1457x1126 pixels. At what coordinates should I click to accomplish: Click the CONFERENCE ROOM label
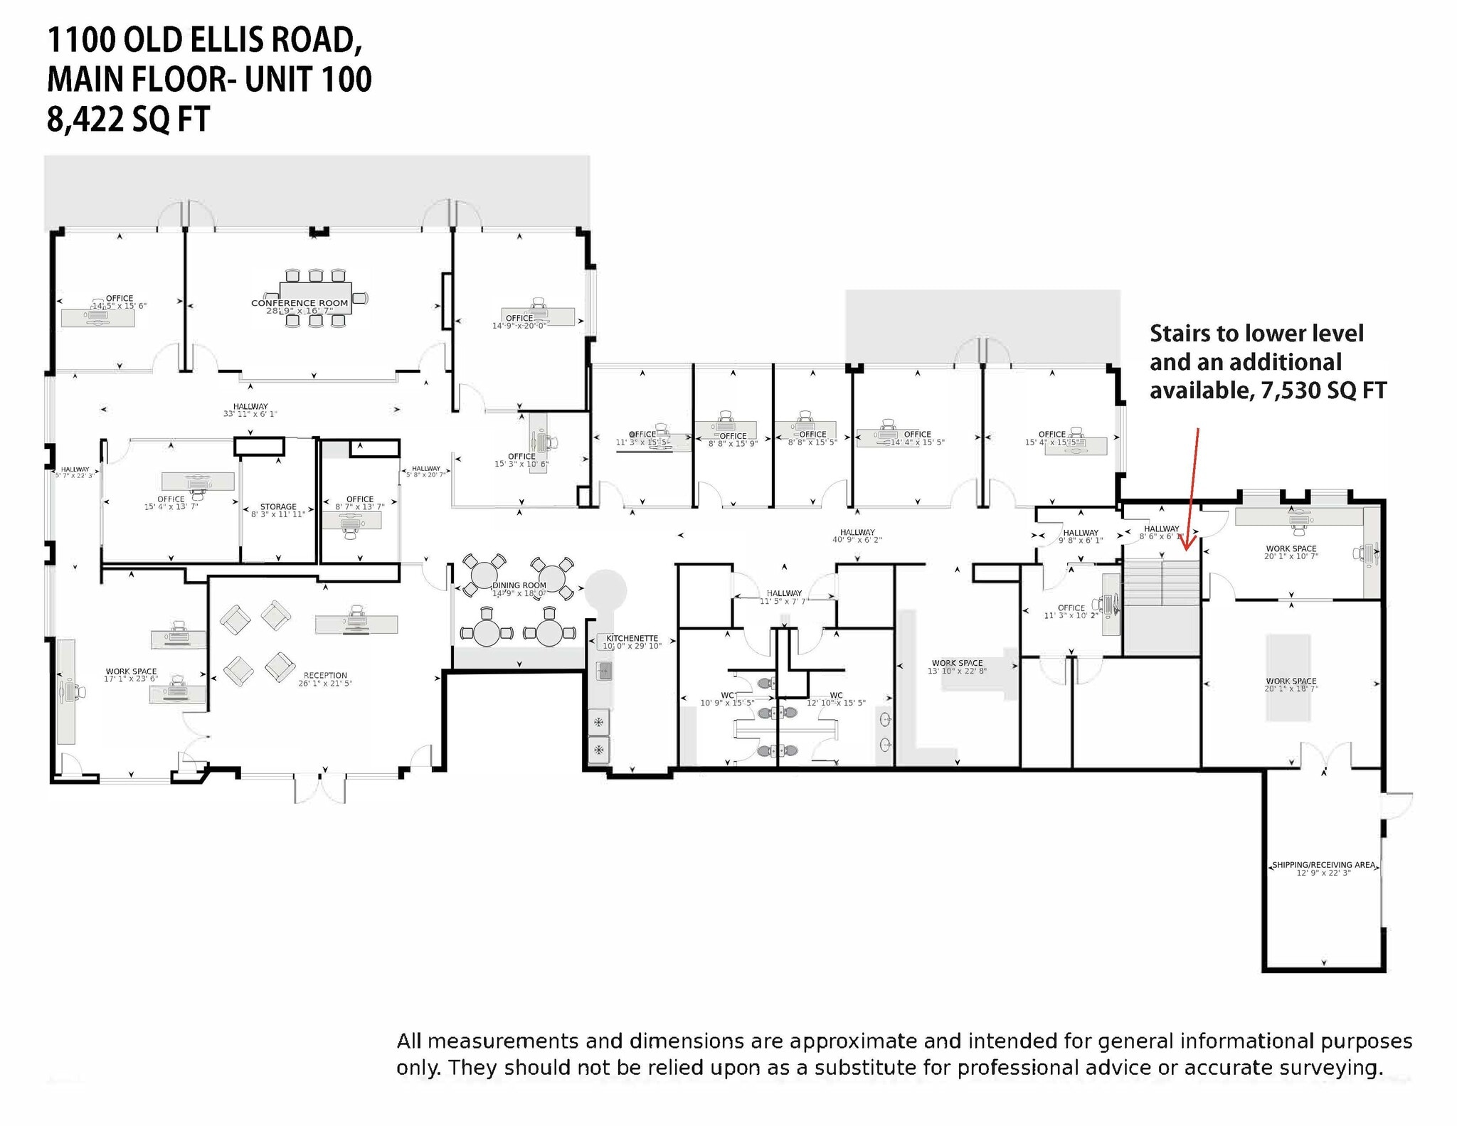pyautogui.click(x=300, y=303)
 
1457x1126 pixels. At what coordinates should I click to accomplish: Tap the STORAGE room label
pyautogui.click(x=278, y=507)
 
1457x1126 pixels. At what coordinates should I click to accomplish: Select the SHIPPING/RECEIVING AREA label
pyautogui.click(x=1323, y=865)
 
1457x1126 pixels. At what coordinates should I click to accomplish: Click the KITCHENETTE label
pyautogui.click(x=632, y=639)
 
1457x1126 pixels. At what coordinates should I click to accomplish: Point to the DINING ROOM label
pyautogui.click(x=519, y=585)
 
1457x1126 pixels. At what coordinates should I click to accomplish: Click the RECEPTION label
pyautogui.click(x=325, y=675)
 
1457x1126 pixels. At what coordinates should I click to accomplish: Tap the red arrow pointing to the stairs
pyautogui.click(x=1192, y=491)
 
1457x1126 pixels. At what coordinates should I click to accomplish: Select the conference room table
pyautogui.click(x=316, y=297)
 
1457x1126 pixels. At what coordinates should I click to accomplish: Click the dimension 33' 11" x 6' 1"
pyautogui.click(x=250, y=414)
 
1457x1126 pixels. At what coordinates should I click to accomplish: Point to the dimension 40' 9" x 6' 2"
pyautogui.click(x=857, y=540)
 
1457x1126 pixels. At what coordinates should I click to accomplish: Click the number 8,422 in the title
pyautogui.click(x=83, y=119)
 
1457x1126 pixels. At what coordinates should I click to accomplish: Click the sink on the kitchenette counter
pyautogui.click(x=604, y=670)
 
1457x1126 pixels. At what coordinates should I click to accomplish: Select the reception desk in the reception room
pyautogui.click(x=356, y=625)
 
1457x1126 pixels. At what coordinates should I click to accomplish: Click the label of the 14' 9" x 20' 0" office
pyautogui.click(x=519, y=318)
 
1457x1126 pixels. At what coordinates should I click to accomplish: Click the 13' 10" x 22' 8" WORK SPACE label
pyautogui.click(x=957, y=663)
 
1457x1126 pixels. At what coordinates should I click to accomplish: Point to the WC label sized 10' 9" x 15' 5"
pyautogui.click(x=728, y=695)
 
